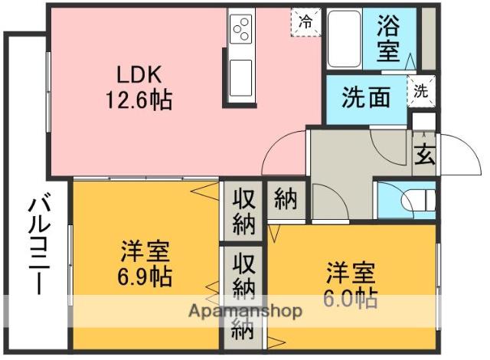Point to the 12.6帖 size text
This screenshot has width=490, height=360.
point(139,100)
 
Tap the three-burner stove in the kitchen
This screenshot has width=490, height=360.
point(243,30)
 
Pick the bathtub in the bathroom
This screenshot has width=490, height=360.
point(345,39)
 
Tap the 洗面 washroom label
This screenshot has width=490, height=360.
point(365,98)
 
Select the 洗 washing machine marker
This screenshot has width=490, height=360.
point(422,89)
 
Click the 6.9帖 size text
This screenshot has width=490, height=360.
point(145,276)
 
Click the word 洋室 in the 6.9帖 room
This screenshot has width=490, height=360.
point(145,251)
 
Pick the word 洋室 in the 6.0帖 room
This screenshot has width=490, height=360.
point(351,272)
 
